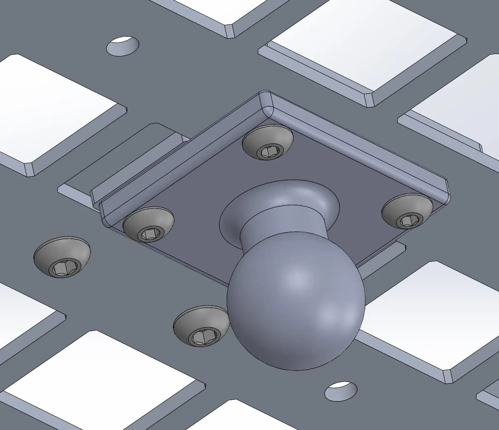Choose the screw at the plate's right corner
click(x=407, y=211)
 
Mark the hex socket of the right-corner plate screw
click(x=409, y=221)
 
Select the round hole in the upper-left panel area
click(x=123, y=46)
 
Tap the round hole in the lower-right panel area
click(x=341, y=391)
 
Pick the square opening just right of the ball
click(x=424, y=316)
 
